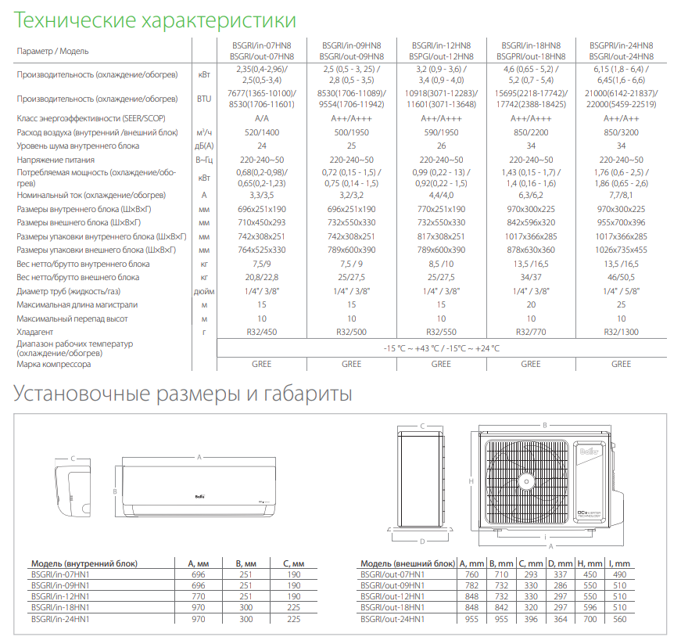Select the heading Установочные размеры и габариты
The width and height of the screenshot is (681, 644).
tap(183, 393)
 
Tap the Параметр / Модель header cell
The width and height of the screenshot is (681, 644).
tap(52, 51)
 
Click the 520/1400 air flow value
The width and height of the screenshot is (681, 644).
tap(261, 132)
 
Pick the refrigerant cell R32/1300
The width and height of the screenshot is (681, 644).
tap(621, 333)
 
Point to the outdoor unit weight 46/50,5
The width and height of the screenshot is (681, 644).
tap(621, 277)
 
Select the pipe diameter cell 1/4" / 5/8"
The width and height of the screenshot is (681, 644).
tap(621, 291)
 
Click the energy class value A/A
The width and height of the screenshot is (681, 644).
tap(261, 119)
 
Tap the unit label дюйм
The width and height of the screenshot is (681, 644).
tap(204, 291)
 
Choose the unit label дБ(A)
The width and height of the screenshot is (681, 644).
tap(204, 146)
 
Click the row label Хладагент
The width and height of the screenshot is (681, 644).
tap(35, 333)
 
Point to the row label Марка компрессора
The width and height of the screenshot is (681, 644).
tap(54, 364)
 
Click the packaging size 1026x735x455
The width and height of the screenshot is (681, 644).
tap(621, 250)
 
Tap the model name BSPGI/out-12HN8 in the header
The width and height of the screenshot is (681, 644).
tap(441, 56)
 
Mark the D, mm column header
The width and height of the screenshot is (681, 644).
tap(560, 563)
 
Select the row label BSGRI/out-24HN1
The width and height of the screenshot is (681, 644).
tap(392, 619)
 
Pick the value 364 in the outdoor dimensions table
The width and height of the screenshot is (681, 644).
tap(560, 619)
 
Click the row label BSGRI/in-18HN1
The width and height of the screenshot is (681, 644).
tap(60, 608)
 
